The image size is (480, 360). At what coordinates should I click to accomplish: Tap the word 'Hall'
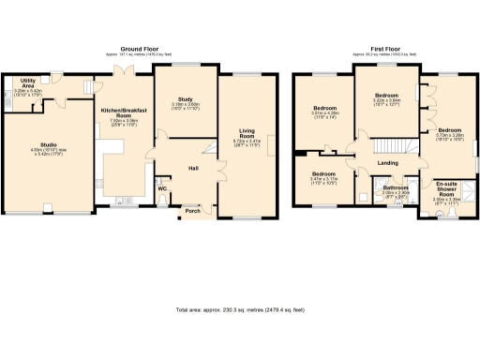click(x=193, y=168)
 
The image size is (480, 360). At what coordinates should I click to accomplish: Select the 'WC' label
click(x=162, y=188)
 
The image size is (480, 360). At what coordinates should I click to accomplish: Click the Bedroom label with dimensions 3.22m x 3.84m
click(x=386, y=96)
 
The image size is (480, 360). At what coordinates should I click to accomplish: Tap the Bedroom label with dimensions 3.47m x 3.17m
click(x=324, y=174)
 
